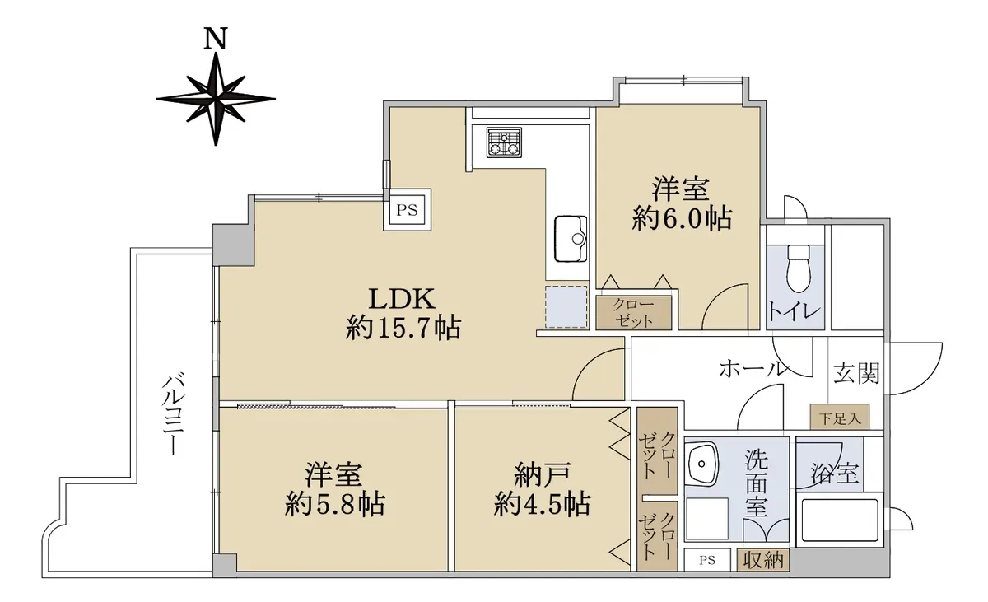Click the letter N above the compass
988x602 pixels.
click(x=215, y=38)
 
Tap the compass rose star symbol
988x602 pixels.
click(x=216, y=99)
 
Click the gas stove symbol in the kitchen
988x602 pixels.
click(x=504, y=142)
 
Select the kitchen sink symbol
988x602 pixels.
click(x=571, y=239)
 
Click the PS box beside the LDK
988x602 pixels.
click(x=407, y=209)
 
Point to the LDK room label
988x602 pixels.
click(x=402, y=299)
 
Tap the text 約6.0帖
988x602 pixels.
click(x=682, y=218)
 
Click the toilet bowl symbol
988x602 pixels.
click(x=799, y=268)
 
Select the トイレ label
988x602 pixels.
click(x=795, y=311)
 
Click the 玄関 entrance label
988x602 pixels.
click(x=856, y=373)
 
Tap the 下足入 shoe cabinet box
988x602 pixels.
click(x=840, y=417)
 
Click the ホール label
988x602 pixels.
click(x=753, y=368)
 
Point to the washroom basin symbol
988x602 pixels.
click(x=702, y=463)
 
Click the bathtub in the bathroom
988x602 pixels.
click(x=839, y=520)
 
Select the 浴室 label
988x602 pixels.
click(x=835, y=474)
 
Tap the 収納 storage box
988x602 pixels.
click(x=763, y=560)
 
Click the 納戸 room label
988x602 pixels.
click(x=543, y=475)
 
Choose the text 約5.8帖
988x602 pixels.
click(x=335, y=505)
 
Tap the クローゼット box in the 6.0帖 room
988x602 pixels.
click(x=634, y=313)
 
